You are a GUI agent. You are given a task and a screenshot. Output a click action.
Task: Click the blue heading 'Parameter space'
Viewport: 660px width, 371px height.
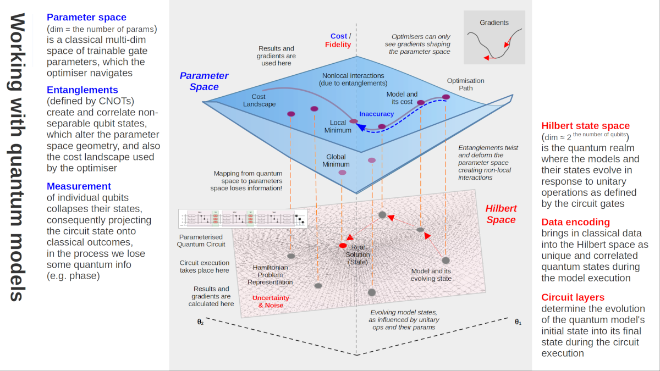click(x=86, y=17)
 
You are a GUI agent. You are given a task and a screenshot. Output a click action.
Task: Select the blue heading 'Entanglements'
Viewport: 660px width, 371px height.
click(x=82, y=90)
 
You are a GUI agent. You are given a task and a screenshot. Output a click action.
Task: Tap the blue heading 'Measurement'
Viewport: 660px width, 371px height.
click(x=79, y=186)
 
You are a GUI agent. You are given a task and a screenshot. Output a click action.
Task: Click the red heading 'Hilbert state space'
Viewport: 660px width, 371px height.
click(x=586, y=126)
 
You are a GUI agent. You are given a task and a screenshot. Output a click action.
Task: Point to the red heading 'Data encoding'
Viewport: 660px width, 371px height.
click(x=575, y=222)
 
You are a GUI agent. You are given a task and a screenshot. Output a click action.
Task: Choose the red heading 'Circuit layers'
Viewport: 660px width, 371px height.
click(x=573, y=297)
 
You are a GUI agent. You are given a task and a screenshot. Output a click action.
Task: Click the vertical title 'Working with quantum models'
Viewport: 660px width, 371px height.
click(x=17, y=157)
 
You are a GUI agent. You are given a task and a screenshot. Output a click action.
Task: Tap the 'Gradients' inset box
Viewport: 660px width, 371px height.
click(x=494, y=37)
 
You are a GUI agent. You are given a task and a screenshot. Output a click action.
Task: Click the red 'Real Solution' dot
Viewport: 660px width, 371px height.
click(x=343, y=245)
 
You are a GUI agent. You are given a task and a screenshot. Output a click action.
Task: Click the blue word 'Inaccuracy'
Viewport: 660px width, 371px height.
click(x=377, y=114)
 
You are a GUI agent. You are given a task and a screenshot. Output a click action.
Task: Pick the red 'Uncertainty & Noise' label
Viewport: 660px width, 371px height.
click(x=271, y=302)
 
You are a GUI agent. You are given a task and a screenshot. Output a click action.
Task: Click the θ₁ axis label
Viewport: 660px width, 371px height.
click(x=518, y=322)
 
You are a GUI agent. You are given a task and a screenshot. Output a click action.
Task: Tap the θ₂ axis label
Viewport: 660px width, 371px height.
click(x=201, y=322)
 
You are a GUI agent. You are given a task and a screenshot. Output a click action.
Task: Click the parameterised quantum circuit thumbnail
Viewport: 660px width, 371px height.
click(x=243, y=218)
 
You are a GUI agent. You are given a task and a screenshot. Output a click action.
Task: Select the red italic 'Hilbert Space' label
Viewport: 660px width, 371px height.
click(x=501, y=214)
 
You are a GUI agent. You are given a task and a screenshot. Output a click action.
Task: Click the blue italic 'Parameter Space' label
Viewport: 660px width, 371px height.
click(x=204, y=81)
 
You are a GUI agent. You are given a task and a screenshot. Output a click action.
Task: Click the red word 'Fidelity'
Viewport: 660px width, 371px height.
click(x=338, y=45)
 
